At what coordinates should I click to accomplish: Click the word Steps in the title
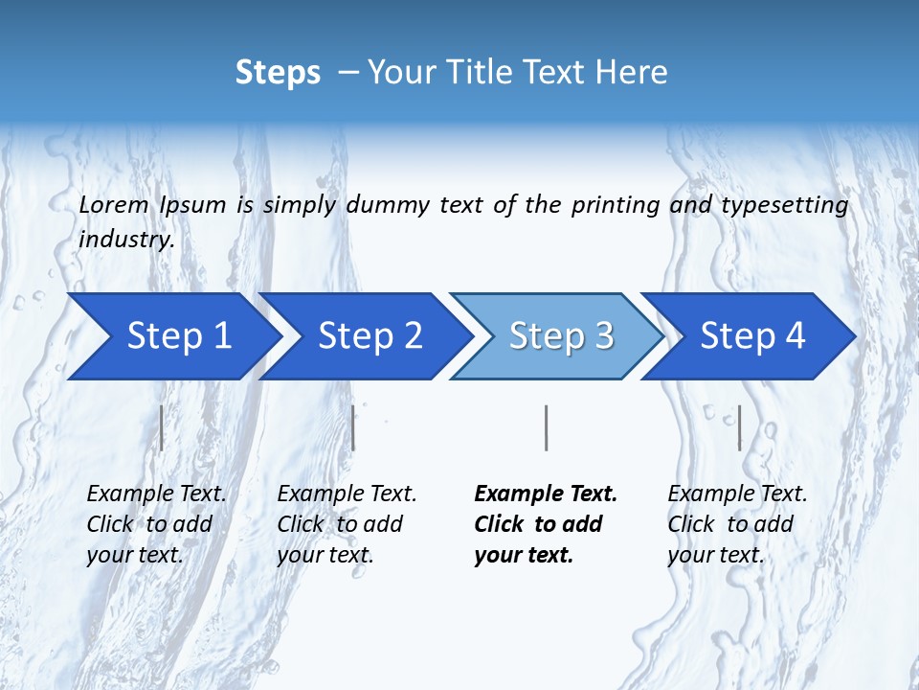[278, 72]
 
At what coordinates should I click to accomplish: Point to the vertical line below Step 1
[162, 427]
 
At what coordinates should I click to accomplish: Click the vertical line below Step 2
[353, 427]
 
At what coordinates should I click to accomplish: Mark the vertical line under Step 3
[546, 427]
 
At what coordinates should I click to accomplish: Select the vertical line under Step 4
[740, 427]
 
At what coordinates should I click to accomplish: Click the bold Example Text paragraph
[546, 524]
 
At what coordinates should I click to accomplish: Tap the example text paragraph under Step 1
[156, 524]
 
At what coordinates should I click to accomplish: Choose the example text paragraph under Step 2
[347, 524]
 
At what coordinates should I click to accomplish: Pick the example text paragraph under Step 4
[737, 524]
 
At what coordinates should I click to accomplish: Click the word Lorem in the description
[114, 204]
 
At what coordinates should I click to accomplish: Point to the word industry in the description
[126, 240]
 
